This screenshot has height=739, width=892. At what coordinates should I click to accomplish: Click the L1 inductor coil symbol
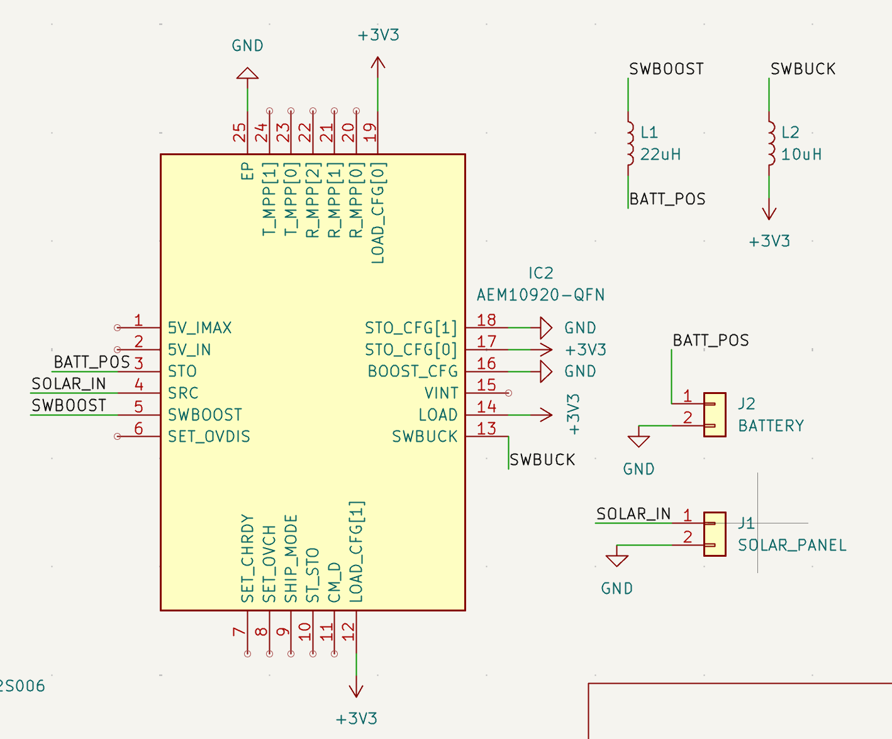tap(630, 142)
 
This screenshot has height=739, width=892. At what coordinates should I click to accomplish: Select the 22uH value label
tap(661, 155)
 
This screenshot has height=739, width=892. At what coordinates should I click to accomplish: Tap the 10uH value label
tap(801, 155)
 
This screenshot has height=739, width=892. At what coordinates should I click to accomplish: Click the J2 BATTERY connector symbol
tap(714, 415)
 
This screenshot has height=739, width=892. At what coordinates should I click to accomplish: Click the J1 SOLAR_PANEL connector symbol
tap(714, 534)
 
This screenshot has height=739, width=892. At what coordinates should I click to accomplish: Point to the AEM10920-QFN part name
tap(540, 295)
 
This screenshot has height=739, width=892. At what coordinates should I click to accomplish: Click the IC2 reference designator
tap(540, 273)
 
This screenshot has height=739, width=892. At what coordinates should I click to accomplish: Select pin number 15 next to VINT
tap(486, 385)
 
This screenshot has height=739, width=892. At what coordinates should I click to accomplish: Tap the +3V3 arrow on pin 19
tap(377, 63)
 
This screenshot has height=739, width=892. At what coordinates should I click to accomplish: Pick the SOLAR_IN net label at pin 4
tap(69, 384)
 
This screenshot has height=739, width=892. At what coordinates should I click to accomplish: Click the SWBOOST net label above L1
tap(666, 69)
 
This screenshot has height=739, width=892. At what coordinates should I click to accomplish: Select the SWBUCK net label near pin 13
tap(542, 460)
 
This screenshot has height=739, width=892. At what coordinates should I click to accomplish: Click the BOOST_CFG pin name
tap(413, 371)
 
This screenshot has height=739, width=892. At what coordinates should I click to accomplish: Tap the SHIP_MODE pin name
tap(291, 558)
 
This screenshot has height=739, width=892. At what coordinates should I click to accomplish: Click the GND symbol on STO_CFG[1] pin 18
tap(546, 327)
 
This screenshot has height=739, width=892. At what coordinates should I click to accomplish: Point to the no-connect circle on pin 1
tap(117, 327)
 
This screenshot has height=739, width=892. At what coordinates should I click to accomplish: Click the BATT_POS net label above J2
tap(711, 341)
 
